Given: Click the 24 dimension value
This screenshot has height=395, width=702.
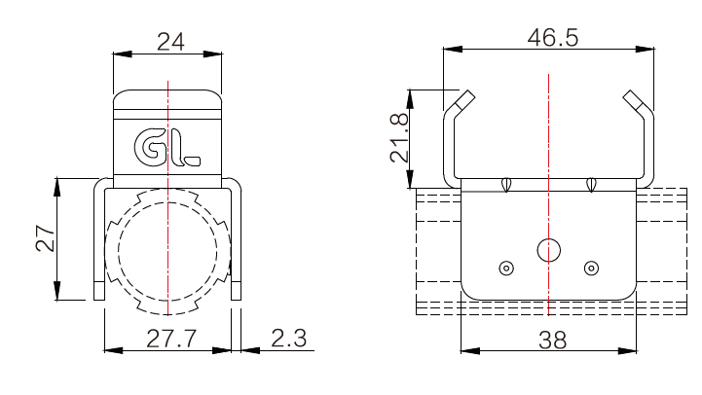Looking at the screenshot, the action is (x=170, y=42).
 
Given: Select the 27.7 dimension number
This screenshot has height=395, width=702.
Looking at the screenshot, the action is (x=171, y=339).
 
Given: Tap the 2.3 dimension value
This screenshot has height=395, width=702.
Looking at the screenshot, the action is (x=289, y=339).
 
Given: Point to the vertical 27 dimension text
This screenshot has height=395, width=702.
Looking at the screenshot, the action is (x=45, y=238).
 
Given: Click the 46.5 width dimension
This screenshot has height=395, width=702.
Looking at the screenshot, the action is (x=553, y=38).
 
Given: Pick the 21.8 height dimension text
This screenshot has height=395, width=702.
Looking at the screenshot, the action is (x=399, y=138).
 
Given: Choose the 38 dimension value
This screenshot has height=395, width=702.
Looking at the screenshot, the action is (x=552, y=341).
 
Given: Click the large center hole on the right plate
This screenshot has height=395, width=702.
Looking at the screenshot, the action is (x=548, y=250).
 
